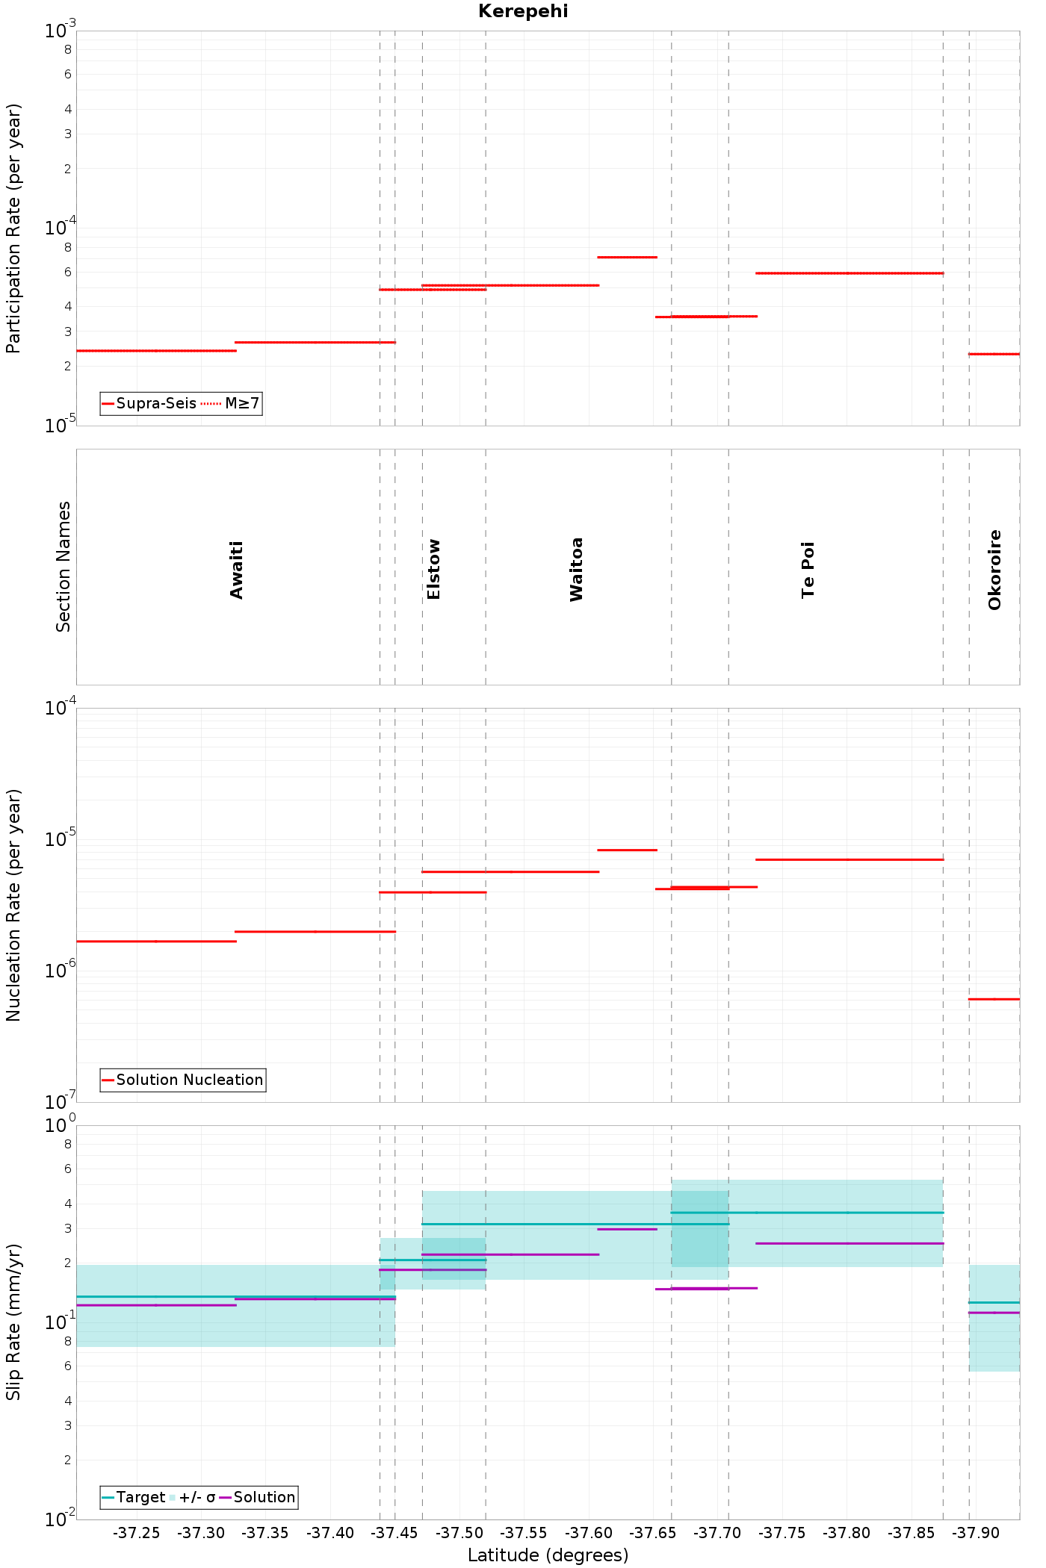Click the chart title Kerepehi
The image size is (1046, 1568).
click(x=523, y=11)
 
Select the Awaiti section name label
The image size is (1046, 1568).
click(x=237, y=570)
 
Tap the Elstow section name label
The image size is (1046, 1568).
click(x=433, y=569)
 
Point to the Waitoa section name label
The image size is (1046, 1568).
click(x=576, y=569)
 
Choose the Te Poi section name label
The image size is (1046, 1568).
click(x=808, y=570)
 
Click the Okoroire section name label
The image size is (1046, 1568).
click(x=994, y=570)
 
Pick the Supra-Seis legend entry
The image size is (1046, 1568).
click(x=149, y=404)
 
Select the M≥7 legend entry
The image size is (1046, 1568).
click(x=231, y=404)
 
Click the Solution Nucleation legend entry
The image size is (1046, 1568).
click(x=182, y=1080)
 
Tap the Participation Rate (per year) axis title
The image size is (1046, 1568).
click(x=13, y=228)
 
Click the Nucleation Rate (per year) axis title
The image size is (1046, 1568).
click(x=13, y=905)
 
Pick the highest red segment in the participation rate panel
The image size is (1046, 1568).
click(x=628, y=257)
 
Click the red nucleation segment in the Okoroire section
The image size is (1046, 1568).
click(x=994, y=999)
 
